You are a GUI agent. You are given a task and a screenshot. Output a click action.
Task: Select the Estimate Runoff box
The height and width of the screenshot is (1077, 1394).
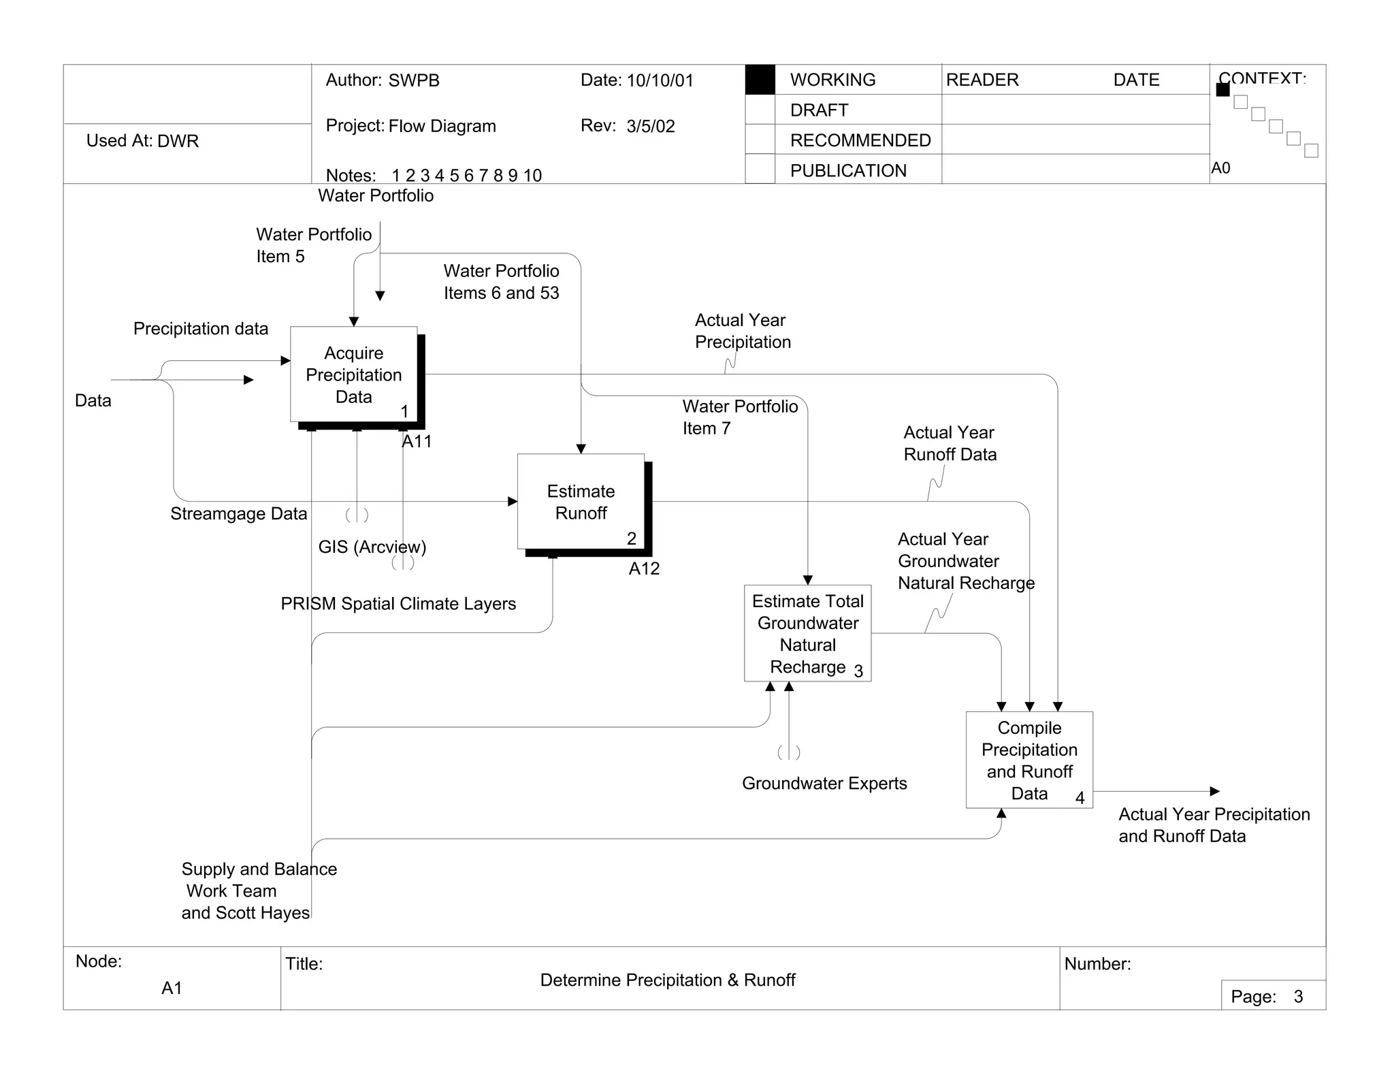point(581,502)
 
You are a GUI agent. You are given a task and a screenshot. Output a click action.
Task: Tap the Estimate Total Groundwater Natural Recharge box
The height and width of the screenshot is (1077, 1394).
point(807,633)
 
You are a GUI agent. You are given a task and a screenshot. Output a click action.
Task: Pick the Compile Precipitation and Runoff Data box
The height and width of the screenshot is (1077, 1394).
point(1029,760)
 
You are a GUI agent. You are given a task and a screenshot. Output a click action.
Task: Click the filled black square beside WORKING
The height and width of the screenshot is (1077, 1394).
point(760,80)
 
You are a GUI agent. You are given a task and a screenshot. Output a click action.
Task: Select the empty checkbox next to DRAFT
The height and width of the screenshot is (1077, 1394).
point(760,110)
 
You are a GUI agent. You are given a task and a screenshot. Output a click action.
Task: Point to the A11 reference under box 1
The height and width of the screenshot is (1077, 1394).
point(417,441)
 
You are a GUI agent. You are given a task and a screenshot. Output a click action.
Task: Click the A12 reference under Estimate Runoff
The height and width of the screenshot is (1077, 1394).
point(644,568)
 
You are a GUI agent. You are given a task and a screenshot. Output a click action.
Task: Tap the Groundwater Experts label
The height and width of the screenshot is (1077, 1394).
point(824,784)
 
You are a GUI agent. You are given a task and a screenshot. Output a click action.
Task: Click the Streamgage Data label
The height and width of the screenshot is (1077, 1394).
point(238,514)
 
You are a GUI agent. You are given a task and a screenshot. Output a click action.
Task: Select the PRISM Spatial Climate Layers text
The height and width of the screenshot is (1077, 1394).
point(398,604)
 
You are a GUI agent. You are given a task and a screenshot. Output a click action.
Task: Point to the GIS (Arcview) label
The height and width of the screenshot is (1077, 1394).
point(372,547)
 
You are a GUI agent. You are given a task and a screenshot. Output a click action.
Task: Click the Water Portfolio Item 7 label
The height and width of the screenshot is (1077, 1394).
point(740,417)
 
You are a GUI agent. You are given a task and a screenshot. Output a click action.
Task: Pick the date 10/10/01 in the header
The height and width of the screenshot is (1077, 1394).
point(660,80)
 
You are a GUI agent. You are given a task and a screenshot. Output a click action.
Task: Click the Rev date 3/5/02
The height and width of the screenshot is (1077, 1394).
point(651,127)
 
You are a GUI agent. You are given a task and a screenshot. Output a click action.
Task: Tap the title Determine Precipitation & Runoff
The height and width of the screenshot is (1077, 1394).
point(668,980)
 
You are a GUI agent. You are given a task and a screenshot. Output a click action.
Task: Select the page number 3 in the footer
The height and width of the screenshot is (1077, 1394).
point(1298,997)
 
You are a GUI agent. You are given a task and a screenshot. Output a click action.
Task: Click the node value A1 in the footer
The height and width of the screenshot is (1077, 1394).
point(172,988)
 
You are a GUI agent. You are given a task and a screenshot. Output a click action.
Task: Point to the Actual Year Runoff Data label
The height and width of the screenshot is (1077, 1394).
point(950,444)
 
